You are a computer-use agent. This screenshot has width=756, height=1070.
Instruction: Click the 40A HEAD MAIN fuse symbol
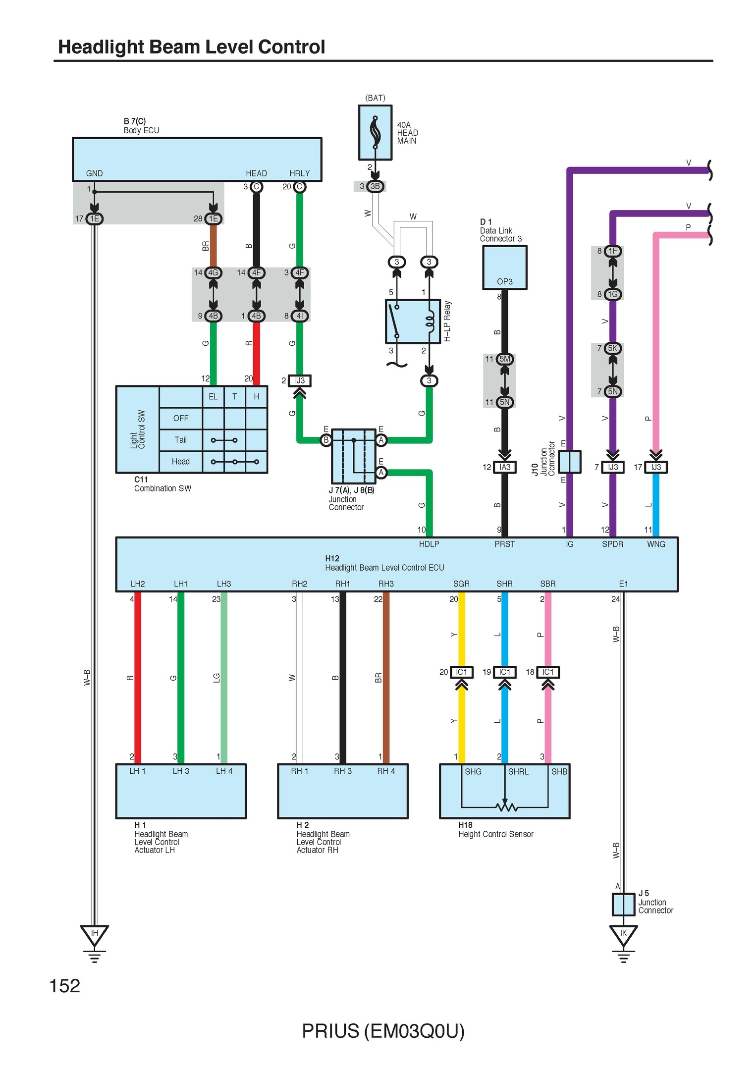375,133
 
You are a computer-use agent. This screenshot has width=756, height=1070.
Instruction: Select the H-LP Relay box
413,321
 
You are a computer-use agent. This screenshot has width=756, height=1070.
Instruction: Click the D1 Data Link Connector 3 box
504,267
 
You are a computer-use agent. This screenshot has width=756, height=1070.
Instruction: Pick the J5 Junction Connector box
623,905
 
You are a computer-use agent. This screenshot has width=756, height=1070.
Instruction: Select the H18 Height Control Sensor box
504,791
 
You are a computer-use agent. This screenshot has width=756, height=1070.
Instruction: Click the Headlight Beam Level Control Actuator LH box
181,791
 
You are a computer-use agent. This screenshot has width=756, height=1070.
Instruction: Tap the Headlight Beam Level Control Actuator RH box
342,791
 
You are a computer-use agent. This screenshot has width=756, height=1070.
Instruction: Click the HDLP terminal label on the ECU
429,544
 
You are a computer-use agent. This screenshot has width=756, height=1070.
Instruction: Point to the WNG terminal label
656,544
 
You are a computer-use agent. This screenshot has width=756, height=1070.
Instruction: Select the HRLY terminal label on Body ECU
299,173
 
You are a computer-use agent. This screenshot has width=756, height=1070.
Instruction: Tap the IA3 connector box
504,467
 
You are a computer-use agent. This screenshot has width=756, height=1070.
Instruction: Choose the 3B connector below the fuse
375,186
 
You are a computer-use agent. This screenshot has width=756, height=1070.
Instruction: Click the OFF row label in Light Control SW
181,418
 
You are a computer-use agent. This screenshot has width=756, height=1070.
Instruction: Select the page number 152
65,986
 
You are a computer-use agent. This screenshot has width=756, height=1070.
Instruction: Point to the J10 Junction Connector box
569,462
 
